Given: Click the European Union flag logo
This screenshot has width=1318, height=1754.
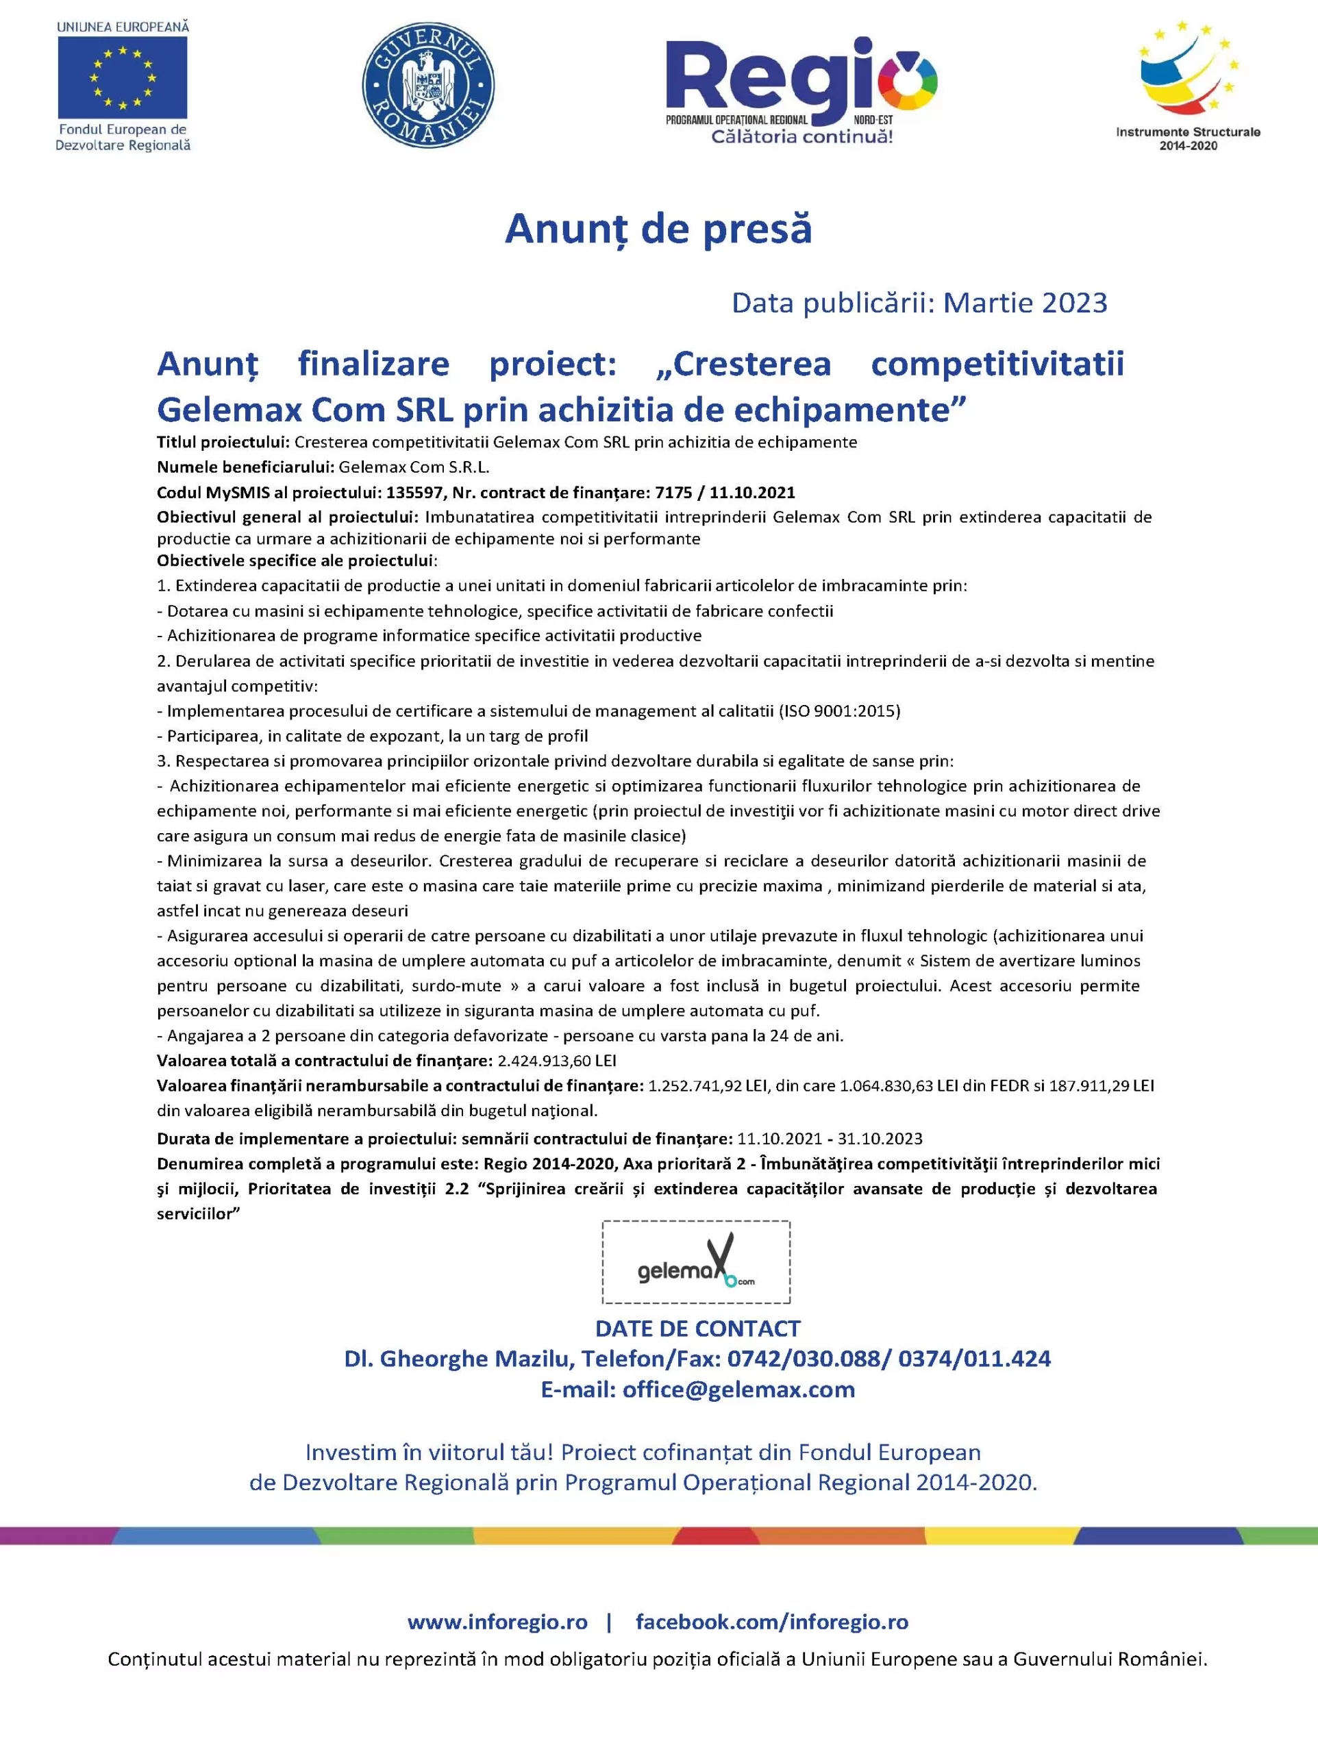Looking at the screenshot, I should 122,77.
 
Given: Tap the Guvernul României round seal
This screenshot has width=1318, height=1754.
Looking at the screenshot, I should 427,85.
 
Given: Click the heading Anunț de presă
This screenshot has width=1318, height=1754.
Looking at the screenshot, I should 658,229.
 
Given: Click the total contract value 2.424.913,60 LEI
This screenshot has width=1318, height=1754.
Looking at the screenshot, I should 557,1061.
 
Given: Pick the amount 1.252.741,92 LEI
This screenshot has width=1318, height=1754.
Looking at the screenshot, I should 708,1085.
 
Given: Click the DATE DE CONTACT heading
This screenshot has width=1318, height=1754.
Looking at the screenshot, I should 698,1329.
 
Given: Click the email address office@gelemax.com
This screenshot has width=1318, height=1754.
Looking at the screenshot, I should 738,1390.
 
